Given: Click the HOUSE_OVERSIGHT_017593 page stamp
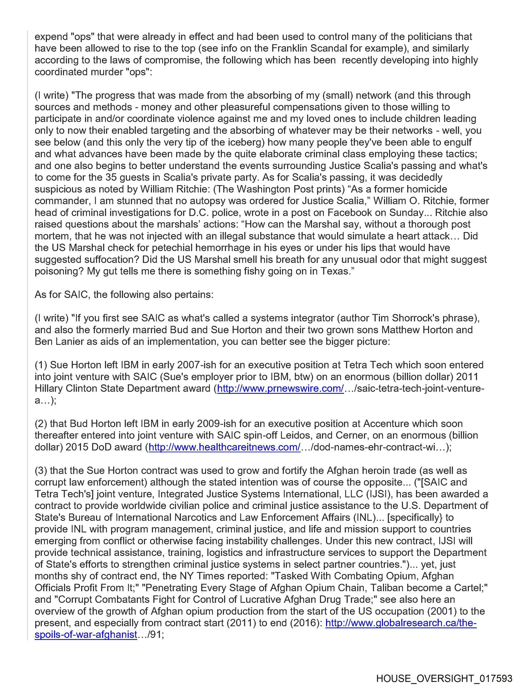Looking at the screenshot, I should [x=444, y=678].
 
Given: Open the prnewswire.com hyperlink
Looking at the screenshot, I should [x=280, y=389].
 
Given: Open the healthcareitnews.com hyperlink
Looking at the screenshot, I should [x=224, y=447].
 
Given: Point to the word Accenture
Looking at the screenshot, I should [x=386, y=424].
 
